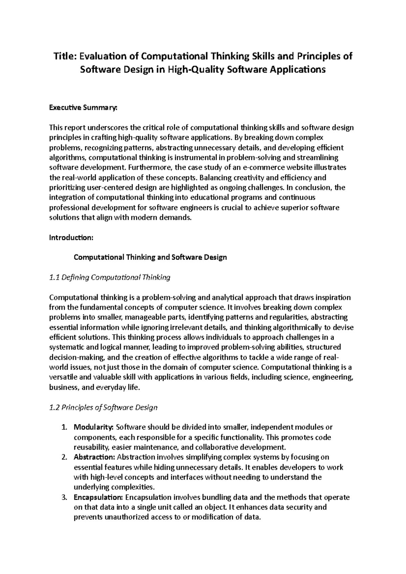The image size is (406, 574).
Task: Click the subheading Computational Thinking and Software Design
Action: click(x=150, y=257)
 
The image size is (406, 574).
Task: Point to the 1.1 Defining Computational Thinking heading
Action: click(x=110, y=278)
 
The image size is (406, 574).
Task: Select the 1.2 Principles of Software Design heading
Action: click(x=103, y=407)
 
